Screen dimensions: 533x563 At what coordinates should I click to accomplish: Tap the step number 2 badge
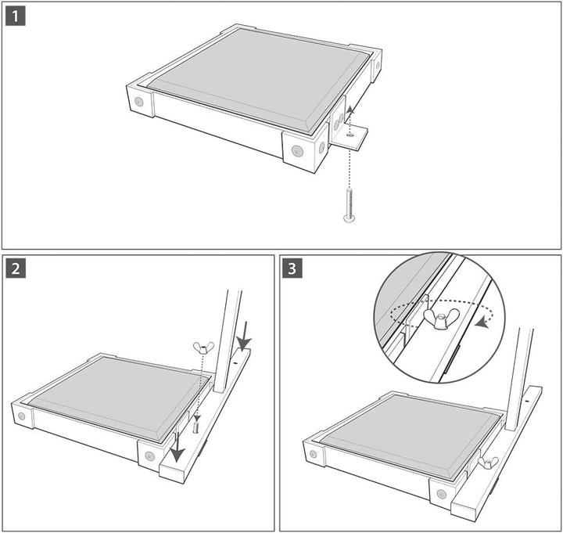pyautogui.click(x=16, y=268)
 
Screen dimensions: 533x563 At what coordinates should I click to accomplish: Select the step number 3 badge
pyautogui.click(x=292, y=268)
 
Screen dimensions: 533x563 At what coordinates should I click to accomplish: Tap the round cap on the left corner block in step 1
pyautogui.click(x=138, y=101)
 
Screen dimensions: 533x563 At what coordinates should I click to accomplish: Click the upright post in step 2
pyautogui.click(x=227, y=337)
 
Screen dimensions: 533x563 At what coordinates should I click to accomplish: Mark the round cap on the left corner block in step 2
pyautogui.click(x=21, y=416)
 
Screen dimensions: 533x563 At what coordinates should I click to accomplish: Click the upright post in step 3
pyautogui.click(x=519, y=376)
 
